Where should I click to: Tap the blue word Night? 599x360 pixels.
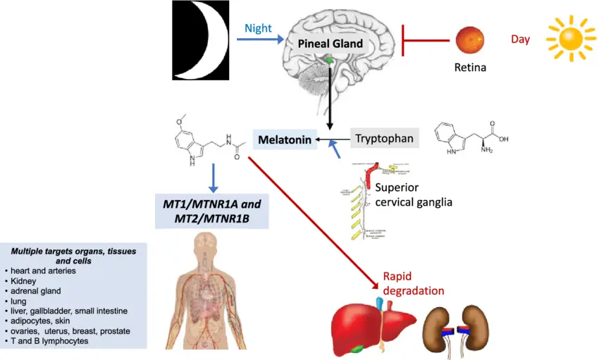(x=257, y=29)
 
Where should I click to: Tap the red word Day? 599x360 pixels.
(x=520, y=39)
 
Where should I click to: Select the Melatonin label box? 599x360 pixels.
(x=284, y=139)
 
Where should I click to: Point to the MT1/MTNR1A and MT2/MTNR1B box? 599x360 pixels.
(x=212, y=211)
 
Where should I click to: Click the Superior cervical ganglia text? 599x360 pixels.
(x=413, y=195)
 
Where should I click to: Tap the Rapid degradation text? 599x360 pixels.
(x=413, y=283)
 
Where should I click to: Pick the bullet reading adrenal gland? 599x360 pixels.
(x=37, y=290)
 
